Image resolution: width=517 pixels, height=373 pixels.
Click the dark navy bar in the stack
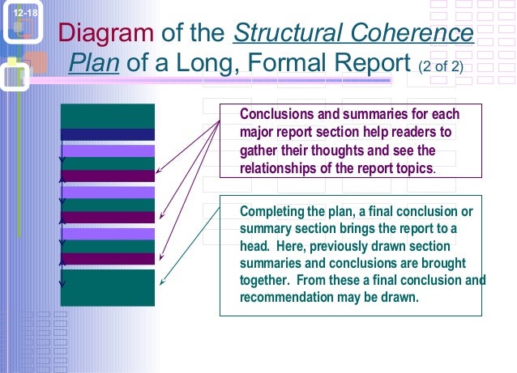point(107,134)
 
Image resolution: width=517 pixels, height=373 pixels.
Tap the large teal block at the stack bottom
point(107,287)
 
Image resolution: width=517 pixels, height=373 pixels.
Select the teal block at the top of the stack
point(107,116)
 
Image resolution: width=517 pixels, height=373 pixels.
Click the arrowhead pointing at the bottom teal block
point(163,283)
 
